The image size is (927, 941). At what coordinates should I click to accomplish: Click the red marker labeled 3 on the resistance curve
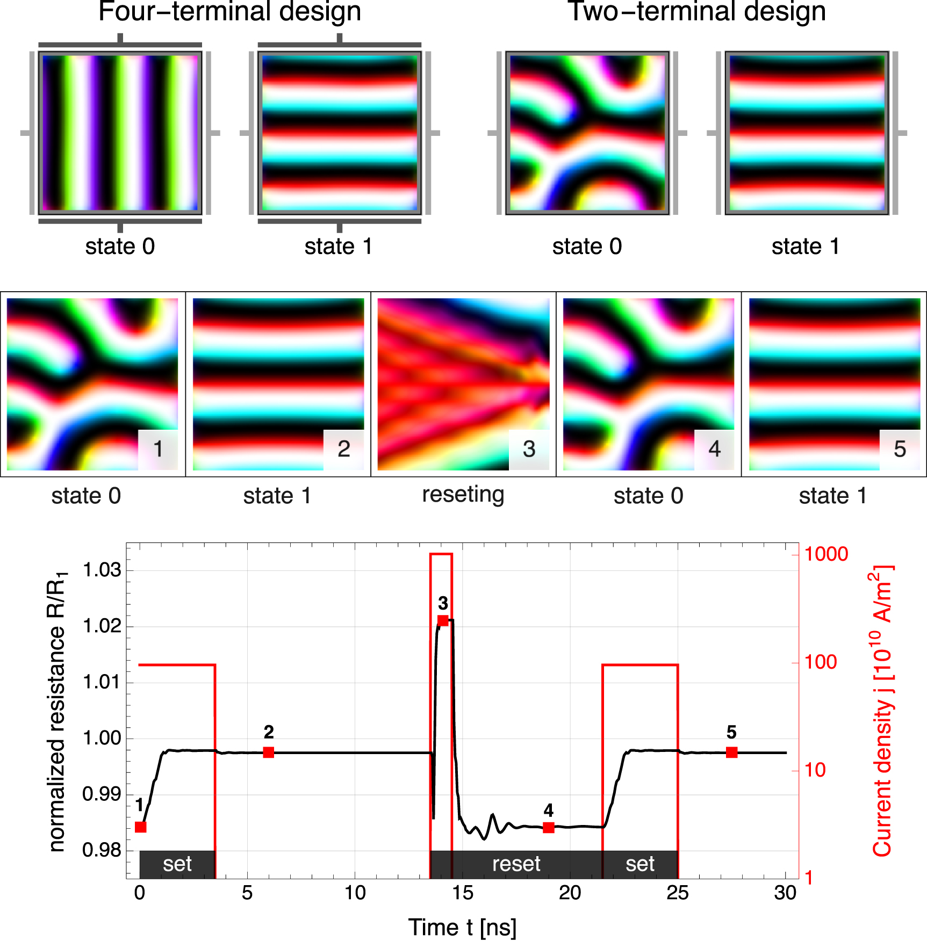point(443,620)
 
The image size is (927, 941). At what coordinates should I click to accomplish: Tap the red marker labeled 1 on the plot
point(141,827)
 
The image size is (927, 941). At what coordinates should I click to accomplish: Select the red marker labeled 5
point(731,752)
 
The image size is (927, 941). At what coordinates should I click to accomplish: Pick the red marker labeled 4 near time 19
point(548,828)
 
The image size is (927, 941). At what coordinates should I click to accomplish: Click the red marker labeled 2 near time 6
point(269,752)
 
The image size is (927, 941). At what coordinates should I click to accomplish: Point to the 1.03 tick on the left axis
point(102,570)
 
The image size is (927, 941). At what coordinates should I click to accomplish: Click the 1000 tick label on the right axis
point(826,554)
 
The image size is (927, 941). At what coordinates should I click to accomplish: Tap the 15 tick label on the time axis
point(462,893)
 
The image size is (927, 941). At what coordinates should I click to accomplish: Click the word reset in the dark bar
point(516,864)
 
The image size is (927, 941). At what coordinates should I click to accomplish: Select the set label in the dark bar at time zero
point(177,864)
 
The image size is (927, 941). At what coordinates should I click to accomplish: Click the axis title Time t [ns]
point(462,927)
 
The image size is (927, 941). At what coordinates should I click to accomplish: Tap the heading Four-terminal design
point(229,12)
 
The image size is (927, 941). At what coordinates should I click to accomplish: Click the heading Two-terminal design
point(696,12)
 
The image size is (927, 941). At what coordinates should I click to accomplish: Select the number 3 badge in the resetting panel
point(529,449)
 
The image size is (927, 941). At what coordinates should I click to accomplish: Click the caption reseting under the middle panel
point(463,495)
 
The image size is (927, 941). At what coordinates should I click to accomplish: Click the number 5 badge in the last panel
point(900,449)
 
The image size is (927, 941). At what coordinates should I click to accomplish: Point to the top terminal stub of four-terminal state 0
point(120,38)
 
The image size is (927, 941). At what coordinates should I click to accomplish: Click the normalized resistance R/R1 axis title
point(57,711)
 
